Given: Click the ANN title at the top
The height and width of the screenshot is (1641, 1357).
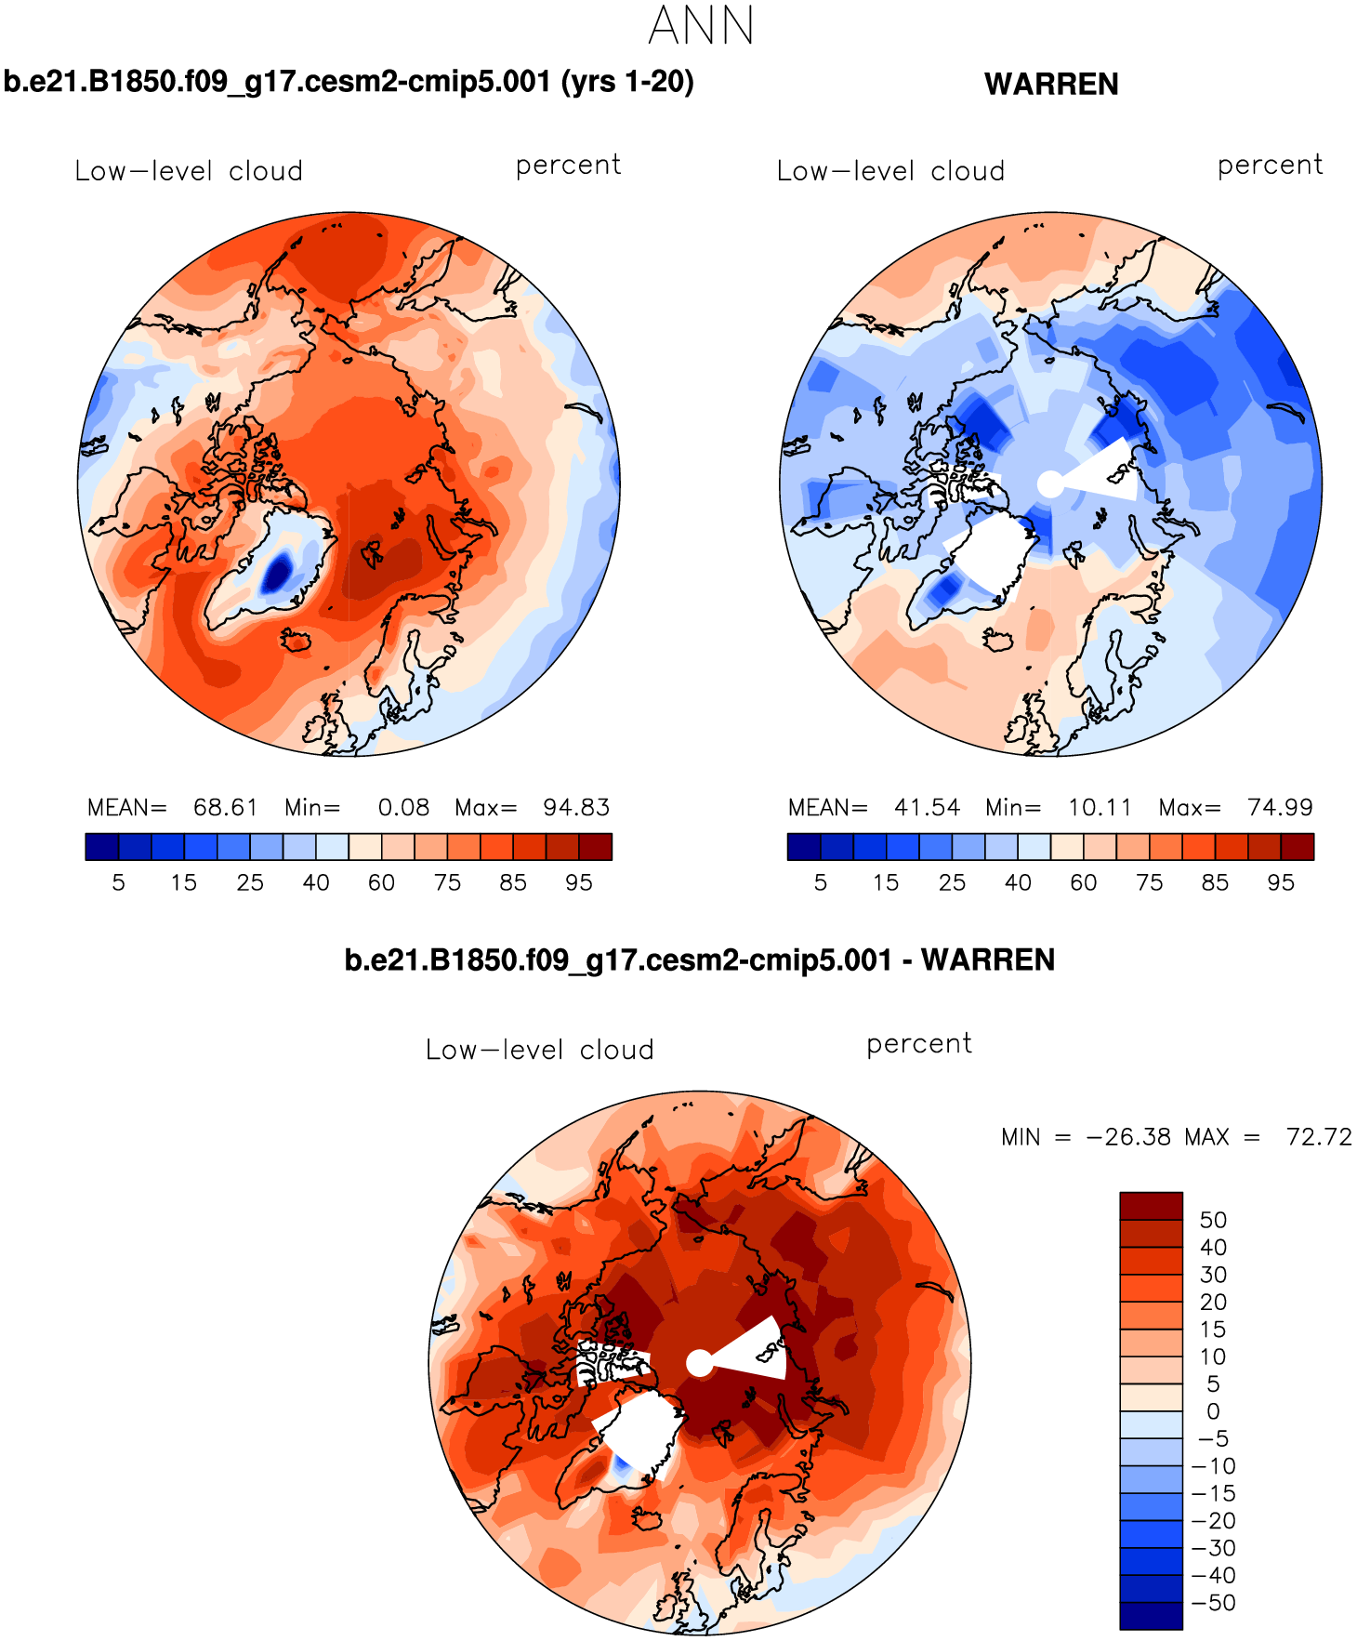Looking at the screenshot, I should (701, 26).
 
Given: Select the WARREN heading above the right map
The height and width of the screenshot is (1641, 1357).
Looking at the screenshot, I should (1051, 85).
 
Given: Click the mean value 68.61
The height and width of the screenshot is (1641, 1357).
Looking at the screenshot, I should (225, 807).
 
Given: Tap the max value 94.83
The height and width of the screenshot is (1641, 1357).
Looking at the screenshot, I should (576, 807).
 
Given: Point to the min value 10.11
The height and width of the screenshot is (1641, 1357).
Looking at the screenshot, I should (1100, 807).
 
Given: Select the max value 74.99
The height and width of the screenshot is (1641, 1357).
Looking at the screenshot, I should (1280, 807).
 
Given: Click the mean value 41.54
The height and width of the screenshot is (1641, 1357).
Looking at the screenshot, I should (927, 807).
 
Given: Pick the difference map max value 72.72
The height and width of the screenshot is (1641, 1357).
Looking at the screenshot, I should (1319, 1136).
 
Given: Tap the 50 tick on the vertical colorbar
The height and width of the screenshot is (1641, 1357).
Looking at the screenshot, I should (1213, 1220).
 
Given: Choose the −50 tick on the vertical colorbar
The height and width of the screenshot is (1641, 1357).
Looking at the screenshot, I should (1213, 1602).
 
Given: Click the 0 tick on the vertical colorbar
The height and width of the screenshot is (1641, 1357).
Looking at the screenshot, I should (1213, 1411).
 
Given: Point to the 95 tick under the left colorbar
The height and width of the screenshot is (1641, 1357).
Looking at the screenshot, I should (578, 882).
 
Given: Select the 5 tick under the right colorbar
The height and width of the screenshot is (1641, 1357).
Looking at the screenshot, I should (820, 882).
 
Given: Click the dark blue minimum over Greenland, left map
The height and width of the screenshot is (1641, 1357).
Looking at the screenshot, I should (276, 573).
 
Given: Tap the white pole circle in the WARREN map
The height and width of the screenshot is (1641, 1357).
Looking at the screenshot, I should (1049, 484).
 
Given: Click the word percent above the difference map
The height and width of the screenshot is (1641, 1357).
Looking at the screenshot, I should (918, 1044).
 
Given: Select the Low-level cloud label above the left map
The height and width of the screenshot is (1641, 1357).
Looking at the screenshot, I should (189, 171).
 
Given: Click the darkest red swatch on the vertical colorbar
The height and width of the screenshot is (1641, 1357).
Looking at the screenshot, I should (1151, 1206).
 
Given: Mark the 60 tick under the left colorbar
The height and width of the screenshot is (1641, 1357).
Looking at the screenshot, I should (381, 882).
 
